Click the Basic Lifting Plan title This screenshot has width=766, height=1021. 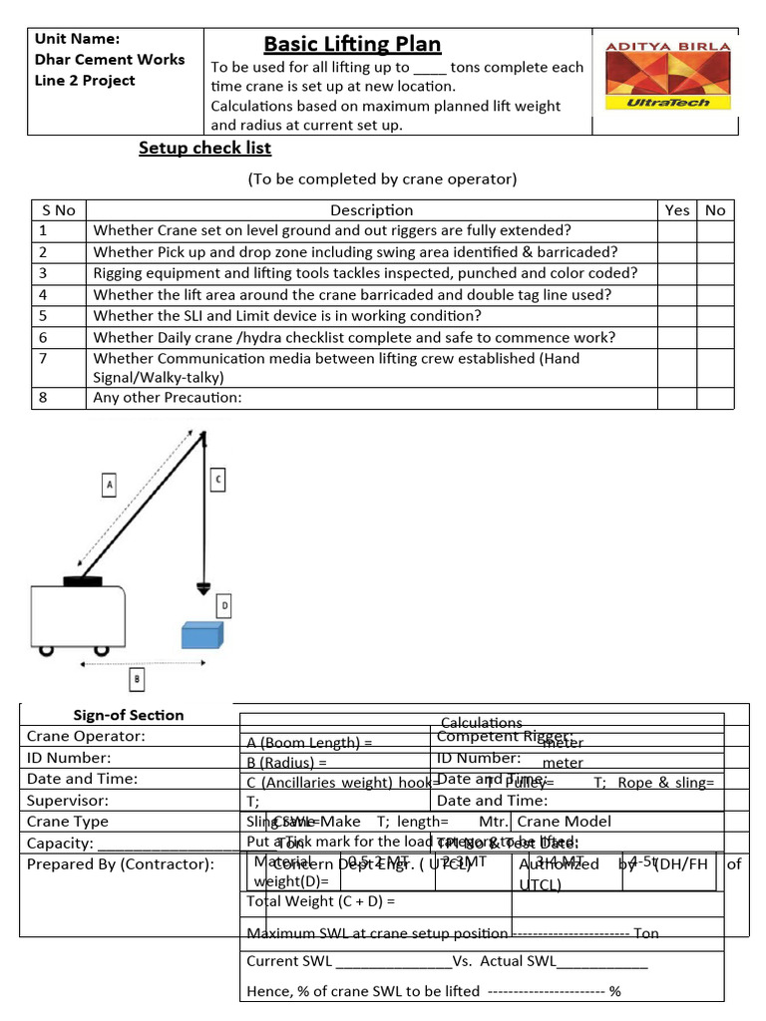point(352,44)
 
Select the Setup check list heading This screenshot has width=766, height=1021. point(204,149)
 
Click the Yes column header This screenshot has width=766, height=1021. point(677,209)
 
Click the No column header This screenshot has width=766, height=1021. point(715,209)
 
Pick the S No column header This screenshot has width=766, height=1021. point(59,209)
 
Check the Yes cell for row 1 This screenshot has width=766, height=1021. point(677,230)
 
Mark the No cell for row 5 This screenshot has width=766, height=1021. point(715,316)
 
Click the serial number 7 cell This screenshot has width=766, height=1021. point(59,367)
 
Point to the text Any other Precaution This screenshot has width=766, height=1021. point(168,398)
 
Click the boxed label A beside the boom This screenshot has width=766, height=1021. point(111,485)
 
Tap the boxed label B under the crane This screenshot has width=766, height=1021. point(137,680)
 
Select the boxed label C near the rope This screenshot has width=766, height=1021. point(218,480)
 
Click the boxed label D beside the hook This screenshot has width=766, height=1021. point(224,604)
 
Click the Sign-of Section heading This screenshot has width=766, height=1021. point(129,715)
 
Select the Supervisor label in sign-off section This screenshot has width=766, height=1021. point(68,800)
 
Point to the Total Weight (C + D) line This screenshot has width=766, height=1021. point(321,901)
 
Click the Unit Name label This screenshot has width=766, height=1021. point(77,39)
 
